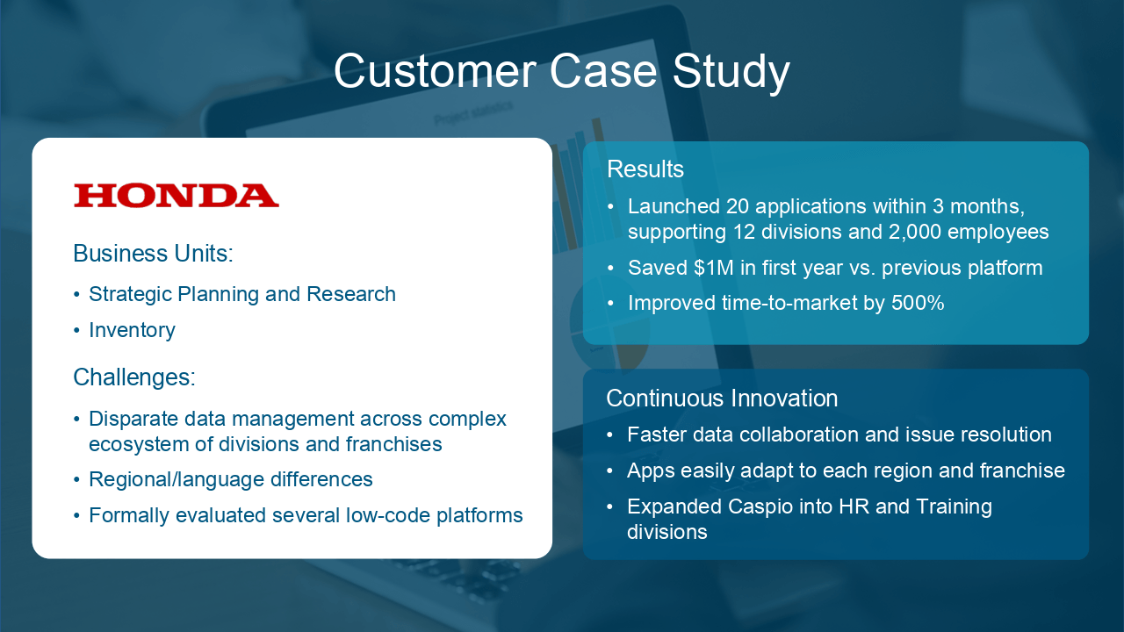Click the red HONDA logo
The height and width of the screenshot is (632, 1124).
pyautogui.click(x=177, y=196)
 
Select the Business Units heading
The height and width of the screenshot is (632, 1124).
pyautogui.click(x=153, y=254)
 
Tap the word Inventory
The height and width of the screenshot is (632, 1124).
pyautogui.click(x=132, y=331)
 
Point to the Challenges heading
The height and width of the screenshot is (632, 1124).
pyautogui.click(x=134, y=377)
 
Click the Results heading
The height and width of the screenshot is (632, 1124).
pyautogui.click(x=645, y=169)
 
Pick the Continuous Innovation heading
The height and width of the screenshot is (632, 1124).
pyautogui.click(x=722, y=399)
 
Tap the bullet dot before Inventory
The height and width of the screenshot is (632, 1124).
pyautogui.click(x=76, y=331)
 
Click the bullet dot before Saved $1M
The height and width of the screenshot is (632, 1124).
pyautogui.click(x=610, y=269)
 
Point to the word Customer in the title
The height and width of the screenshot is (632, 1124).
pyautogui.click(x=435, y=72)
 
